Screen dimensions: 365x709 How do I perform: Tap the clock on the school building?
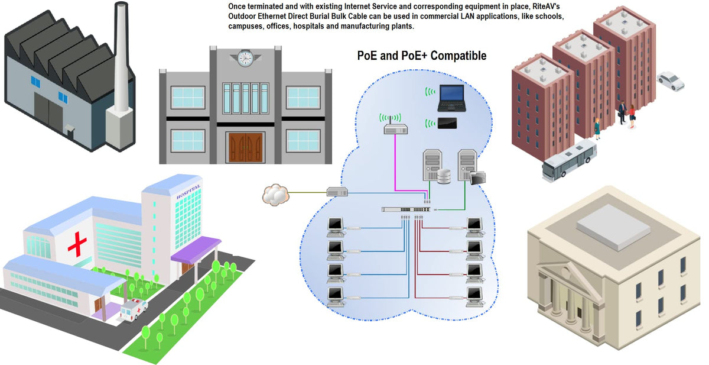click(x=245, y=58)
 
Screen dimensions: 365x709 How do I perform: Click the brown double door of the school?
click(x=245, y=148)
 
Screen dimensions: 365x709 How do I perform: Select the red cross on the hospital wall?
click(x=77, y=244)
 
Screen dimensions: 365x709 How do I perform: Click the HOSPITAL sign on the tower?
click(x=188, y=192)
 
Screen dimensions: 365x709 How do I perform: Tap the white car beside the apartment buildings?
click(x=671, y=81)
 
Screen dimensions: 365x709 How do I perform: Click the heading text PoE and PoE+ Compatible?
click(x=422, y=56)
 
